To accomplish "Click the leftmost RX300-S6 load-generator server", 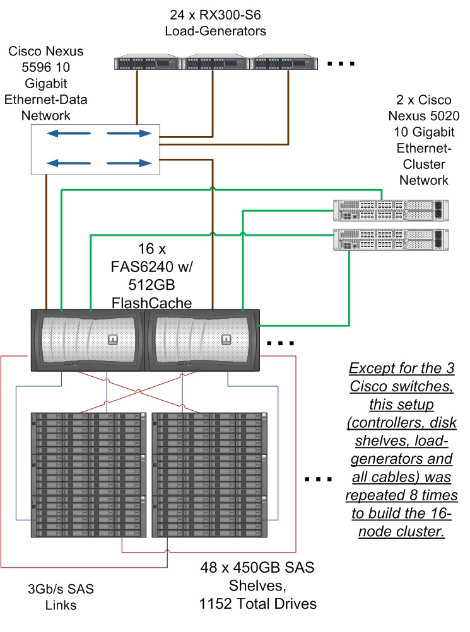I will click(x=148, y=63).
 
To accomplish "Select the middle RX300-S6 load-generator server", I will click(x=216, y=63).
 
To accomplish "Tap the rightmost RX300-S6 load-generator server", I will click(x=284, y=63).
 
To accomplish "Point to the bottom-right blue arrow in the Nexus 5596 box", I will click(x=129, y=163).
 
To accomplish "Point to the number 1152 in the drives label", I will click(x=218, y=604).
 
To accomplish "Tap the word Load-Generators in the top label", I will click(x=215, y=30).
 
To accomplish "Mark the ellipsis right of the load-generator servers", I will click(x=341, y=64).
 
